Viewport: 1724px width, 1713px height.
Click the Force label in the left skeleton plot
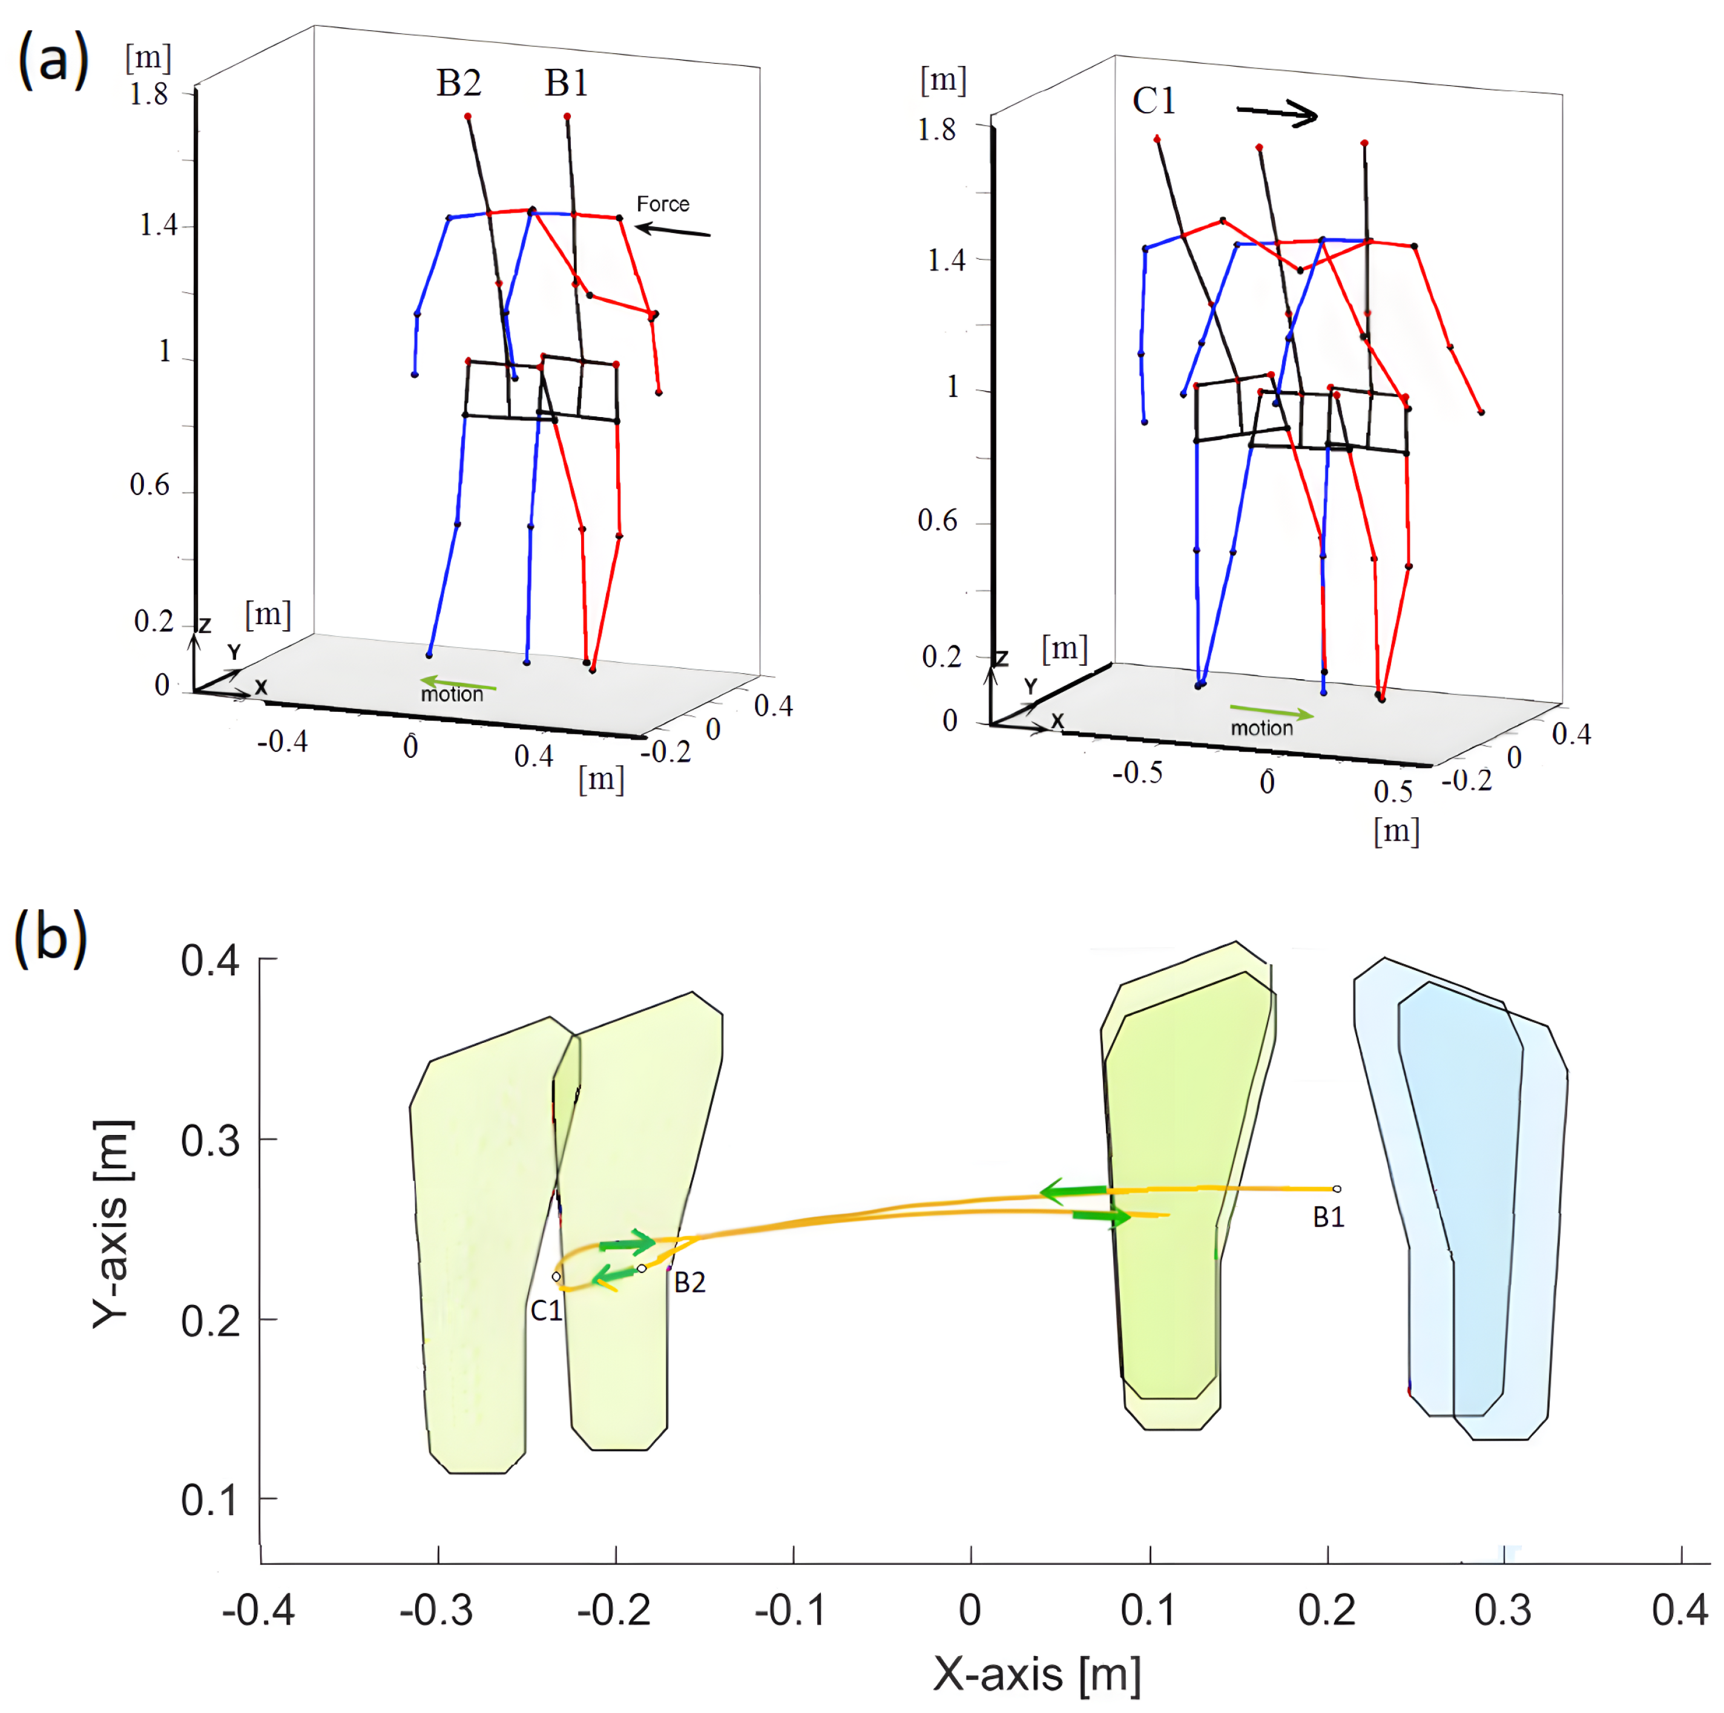pyautogui.click(x=662, y=205)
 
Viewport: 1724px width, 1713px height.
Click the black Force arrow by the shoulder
pyautogui.click(x=672, y=230)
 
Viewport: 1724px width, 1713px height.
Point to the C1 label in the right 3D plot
pyautogui.click(x=1154, y=101)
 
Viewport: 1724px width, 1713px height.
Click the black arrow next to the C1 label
pyautogui.click(x=1277, y=113)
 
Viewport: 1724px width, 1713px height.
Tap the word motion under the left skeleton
pyautogui.click(x=452, y=694)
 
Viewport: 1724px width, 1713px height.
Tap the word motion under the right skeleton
pyautogui.click(x=1261, y=728)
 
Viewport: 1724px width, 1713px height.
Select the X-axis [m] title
pyautogui.click(x=1037, y=1674)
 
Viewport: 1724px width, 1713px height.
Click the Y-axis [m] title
pyautogui.click(x=113, y=1224)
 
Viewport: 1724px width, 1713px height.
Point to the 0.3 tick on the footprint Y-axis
pyautogui.click(x=211, y=1141)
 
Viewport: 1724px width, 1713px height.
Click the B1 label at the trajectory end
pyautogui.click(x=1328, y=1217)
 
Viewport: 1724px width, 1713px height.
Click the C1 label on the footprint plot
pyautogui.click(x=546, y=1310)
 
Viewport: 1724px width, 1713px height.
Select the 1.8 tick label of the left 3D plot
pyautogui.click(x=148, y=94)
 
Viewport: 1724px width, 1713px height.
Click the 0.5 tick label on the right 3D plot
pyautogui.click(x=1393, y=791)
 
